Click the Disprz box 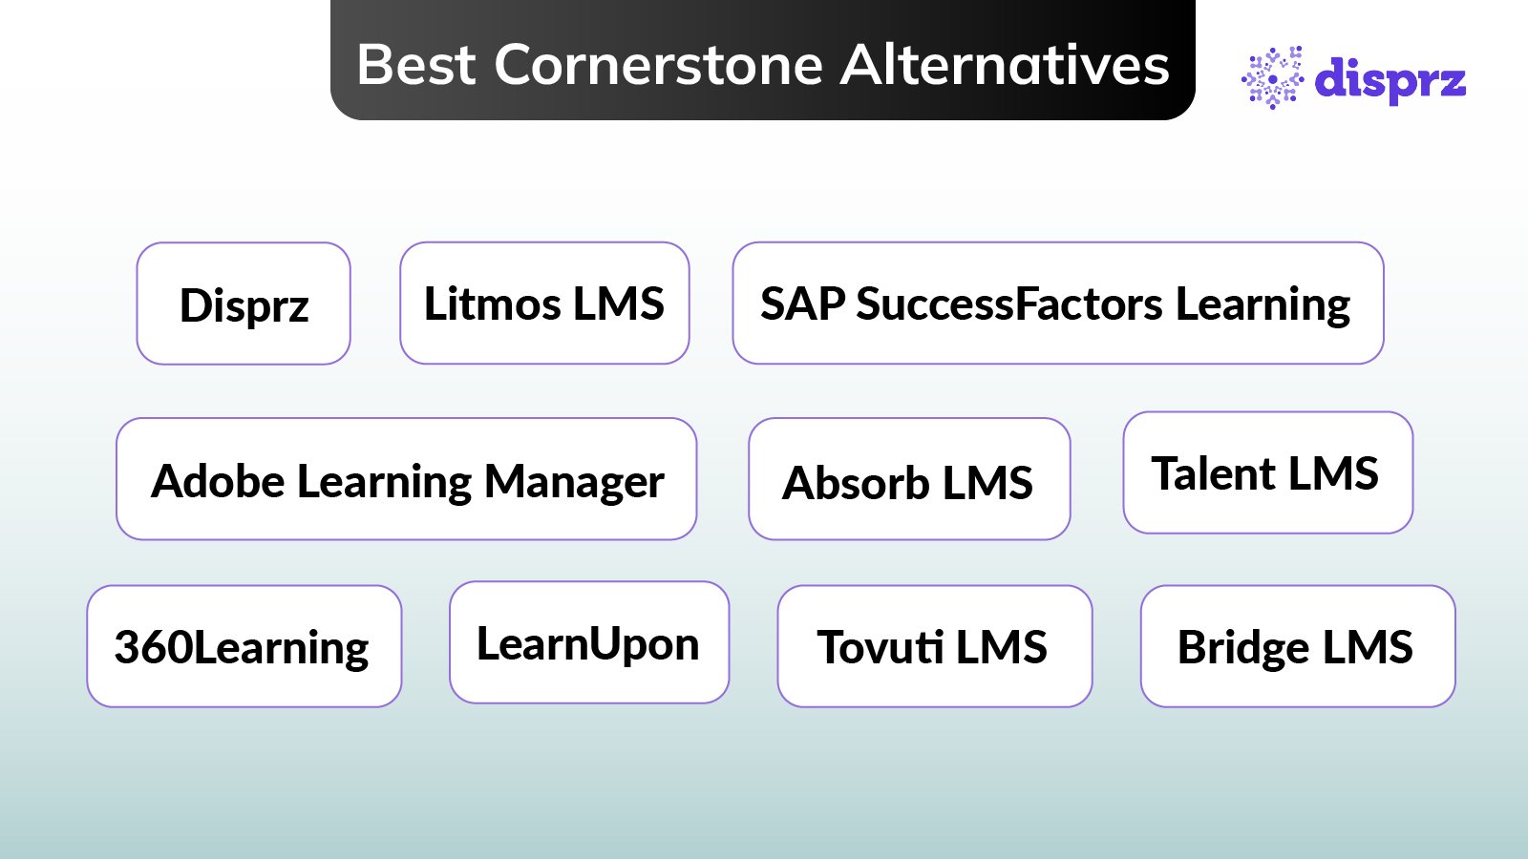[x=244, y=304]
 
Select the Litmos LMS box [x=544, y=304]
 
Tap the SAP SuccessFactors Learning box [x=1057, y=304]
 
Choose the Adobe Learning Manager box [x=406, y=479]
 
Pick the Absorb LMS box [x=909, y=479]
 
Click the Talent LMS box [x=1267, y=473]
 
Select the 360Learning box [x=244, y=646]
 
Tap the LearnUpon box [x=589, y=642]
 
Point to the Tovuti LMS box [x=934, y=646]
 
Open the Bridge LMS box [x=1297, y=646]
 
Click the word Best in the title [x=416, y=65]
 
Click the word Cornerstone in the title [x=658, y=65]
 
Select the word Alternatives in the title [x=1005, y=65]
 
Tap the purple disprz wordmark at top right [x=1390, y=79]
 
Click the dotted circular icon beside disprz [x=1272, y=78]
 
